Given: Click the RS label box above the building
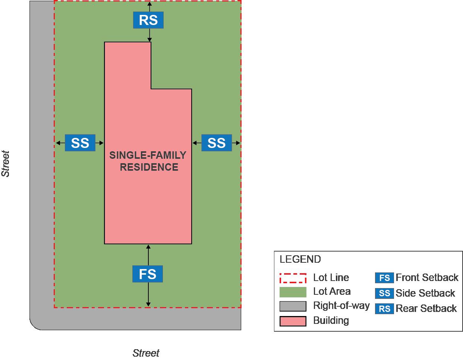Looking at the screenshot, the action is coord(148,20).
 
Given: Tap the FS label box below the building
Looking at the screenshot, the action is coord(148,274).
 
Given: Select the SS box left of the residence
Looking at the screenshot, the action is coord(80,143).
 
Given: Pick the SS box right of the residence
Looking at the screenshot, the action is coord(217,143).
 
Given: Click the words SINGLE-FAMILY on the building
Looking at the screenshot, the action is coord(148,155).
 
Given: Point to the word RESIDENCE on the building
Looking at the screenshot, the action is coord(149,167).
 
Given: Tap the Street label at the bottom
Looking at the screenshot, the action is coord(146,353).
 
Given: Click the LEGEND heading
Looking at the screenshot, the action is coord(300,259).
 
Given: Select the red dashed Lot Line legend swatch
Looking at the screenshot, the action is coord(293,278).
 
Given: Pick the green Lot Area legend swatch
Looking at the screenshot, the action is coord(293,292).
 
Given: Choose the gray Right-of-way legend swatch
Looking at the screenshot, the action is coord(293,306).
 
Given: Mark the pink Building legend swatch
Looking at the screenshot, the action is coord(293,321).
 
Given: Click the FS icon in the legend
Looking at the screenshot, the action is coord(384,278).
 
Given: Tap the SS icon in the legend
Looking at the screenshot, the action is coord(384,293).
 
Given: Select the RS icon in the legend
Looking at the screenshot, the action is coord(384,309).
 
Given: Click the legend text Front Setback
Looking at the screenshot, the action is coord(427,278).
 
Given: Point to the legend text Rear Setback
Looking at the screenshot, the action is coord(426,309).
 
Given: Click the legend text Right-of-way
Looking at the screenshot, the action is coord(341,306).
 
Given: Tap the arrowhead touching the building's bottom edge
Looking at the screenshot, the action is coord(148,246).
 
